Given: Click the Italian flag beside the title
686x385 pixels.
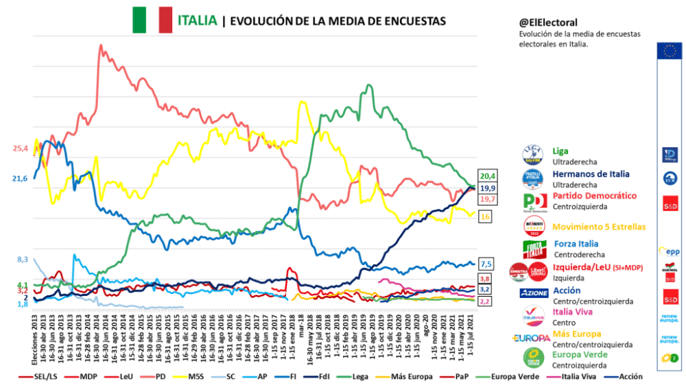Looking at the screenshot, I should click(x=152, y=20).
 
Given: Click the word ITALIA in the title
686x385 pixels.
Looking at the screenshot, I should click(x=198, y=21).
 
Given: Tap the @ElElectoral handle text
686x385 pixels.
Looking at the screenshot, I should click(x=547, y=23).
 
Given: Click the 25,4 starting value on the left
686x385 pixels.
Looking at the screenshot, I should click(x=21, y=148).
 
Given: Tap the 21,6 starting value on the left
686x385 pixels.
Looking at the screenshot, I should click(x=21, y=179).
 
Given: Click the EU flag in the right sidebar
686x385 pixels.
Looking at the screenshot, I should click(x=669, y=51).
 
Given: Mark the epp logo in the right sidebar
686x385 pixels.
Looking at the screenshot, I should click(x=669, y=251).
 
